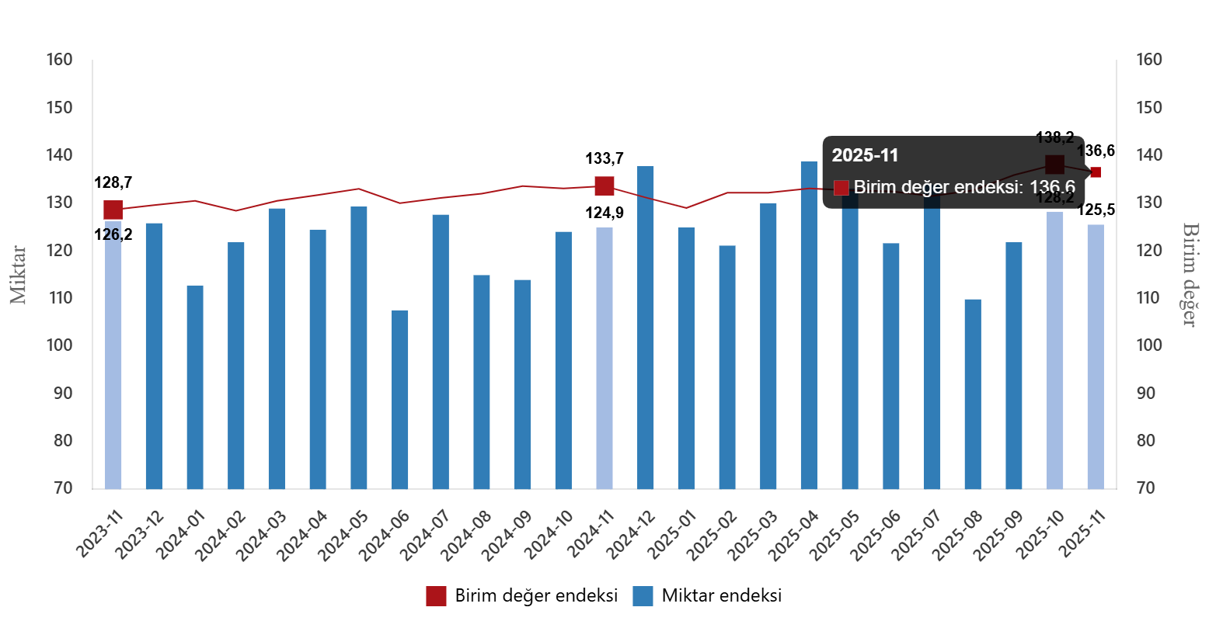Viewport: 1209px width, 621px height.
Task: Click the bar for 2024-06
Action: (x=399, y=399)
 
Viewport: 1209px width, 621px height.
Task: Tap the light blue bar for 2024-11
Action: (x=604, y=358)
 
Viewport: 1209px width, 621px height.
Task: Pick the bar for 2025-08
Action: (x=973, y=394)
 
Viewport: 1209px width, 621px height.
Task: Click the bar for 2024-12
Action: (x=646, y=327)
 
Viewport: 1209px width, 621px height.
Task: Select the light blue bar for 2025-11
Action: (x=1096, y=356)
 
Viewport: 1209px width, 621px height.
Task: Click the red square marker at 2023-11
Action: (x=113, y=210)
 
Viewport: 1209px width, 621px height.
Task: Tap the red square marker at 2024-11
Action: (x=604, y=186)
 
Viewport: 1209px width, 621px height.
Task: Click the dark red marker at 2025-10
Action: (x=1054, y=165)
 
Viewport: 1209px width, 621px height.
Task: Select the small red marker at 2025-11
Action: (x=1096, y=172)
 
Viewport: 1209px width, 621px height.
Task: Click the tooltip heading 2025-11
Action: (x=865, y=155)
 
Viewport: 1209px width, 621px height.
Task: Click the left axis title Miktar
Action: (x=19, y=275)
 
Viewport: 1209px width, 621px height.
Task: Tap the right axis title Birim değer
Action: (x=1189, y=275)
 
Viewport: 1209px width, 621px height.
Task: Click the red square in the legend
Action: (x=436, y=596)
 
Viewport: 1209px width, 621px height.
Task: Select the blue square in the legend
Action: (x=643, y=596)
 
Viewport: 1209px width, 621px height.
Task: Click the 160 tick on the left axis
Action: (x=59, y=60)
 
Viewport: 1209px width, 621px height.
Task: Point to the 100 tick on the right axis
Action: (x=1149, y=345)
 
